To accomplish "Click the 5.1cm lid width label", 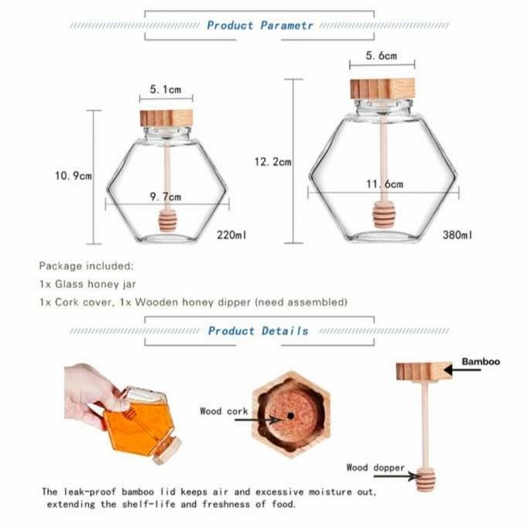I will tap(166, 90).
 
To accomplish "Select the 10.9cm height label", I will tap(73, 176).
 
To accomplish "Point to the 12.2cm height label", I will tap(273, 162).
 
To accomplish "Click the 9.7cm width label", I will tap(166, 197).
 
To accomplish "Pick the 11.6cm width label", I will tap(384, 184).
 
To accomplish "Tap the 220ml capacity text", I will tap(232, 234).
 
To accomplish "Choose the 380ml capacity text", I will tap(457, 234).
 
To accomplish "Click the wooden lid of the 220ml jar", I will tap(166, 118).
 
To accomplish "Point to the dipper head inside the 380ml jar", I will tap(382, 214).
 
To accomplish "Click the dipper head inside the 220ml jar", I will tap(167, 221).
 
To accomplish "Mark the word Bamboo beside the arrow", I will tap(481, 362).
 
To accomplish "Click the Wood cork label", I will tap(223, 411).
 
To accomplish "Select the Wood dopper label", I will tap(375, 468).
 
